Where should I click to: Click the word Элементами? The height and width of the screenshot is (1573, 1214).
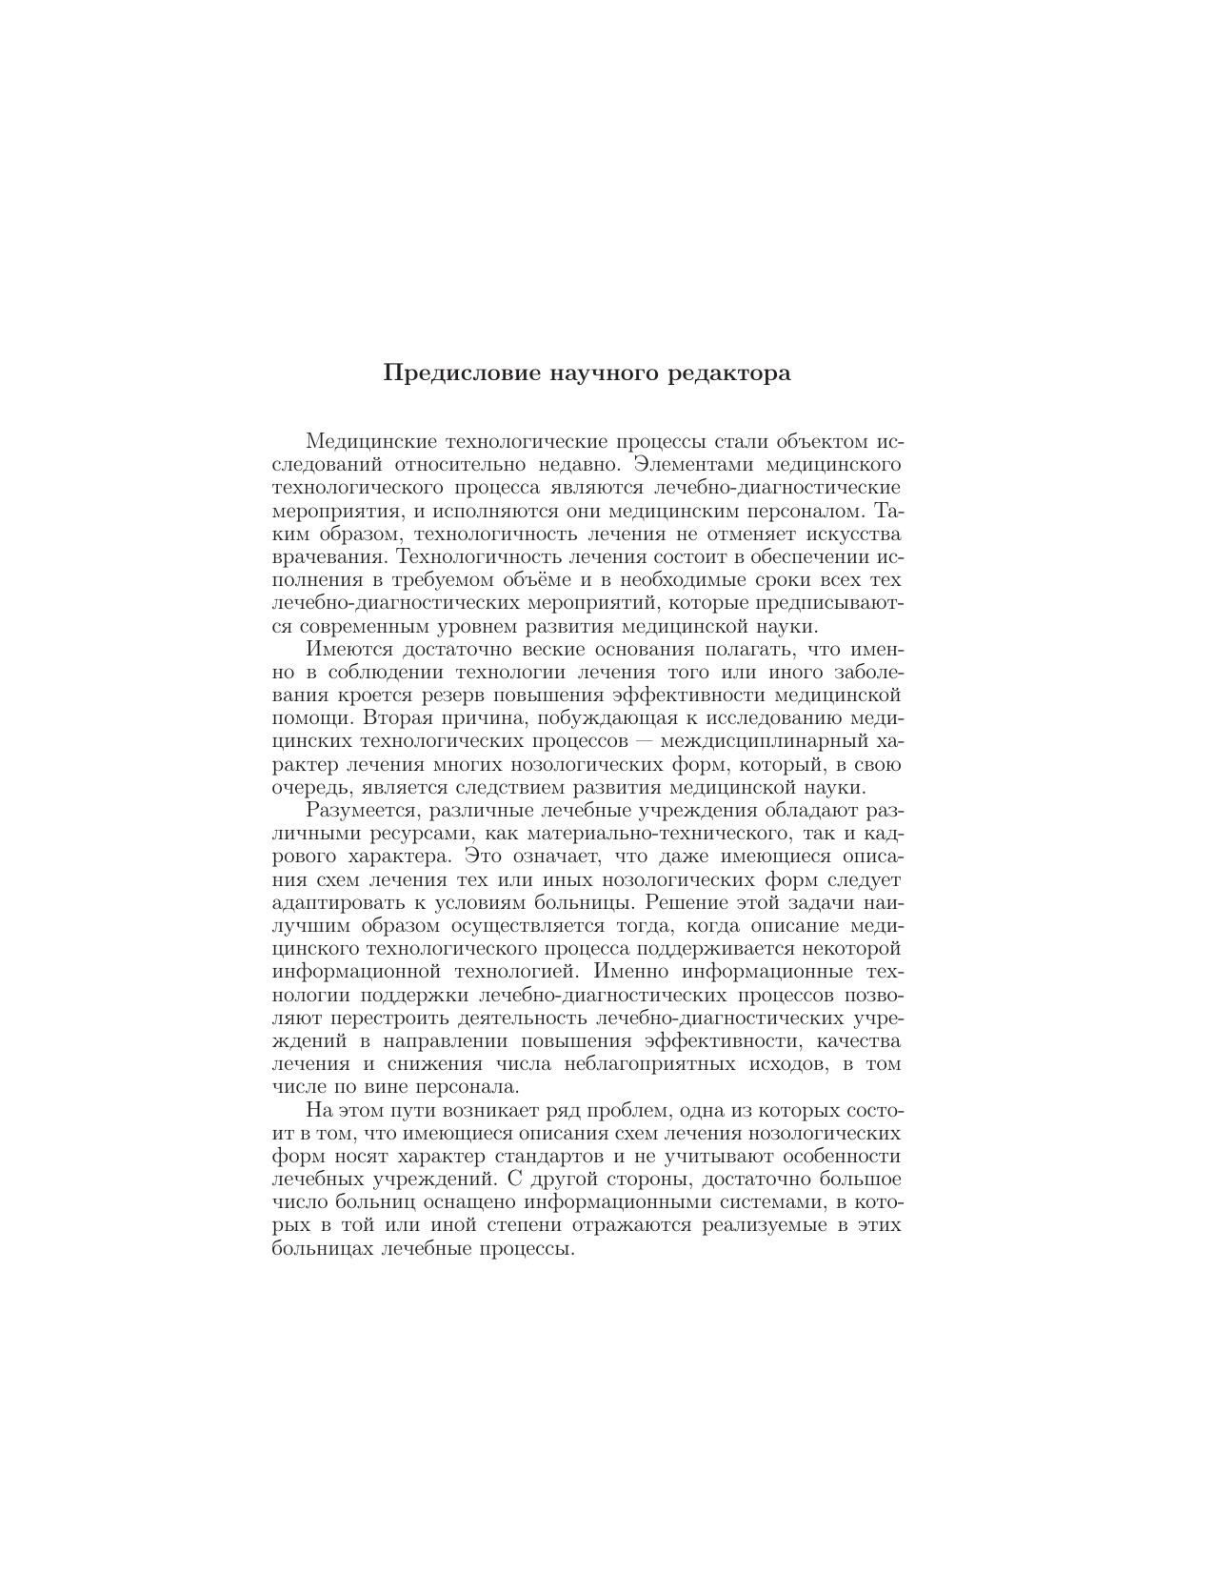point(694,465)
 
